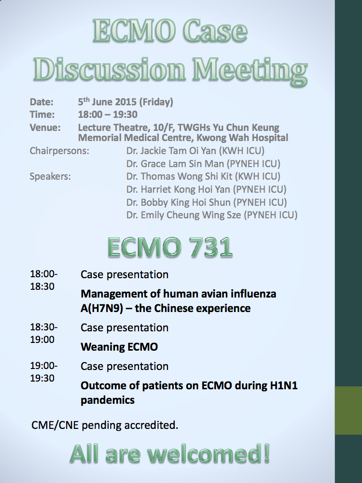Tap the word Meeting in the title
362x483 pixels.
250,71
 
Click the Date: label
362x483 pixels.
42,102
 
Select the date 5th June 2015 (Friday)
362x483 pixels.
125,101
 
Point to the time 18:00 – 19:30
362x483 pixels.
108,114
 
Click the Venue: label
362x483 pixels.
45,128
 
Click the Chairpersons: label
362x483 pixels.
59,151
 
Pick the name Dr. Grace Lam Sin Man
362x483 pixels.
175,164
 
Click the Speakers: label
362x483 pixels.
50,176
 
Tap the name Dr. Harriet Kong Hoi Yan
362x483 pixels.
178,189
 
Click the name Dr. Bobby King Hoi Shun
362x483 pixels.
179,202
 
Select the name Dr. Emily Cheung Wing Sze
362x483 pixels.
184,215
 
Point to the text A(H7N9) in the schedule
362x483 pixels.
102,308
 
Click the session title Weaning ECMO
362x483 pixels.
119,347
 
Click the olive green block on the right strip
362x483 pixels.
348,410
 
